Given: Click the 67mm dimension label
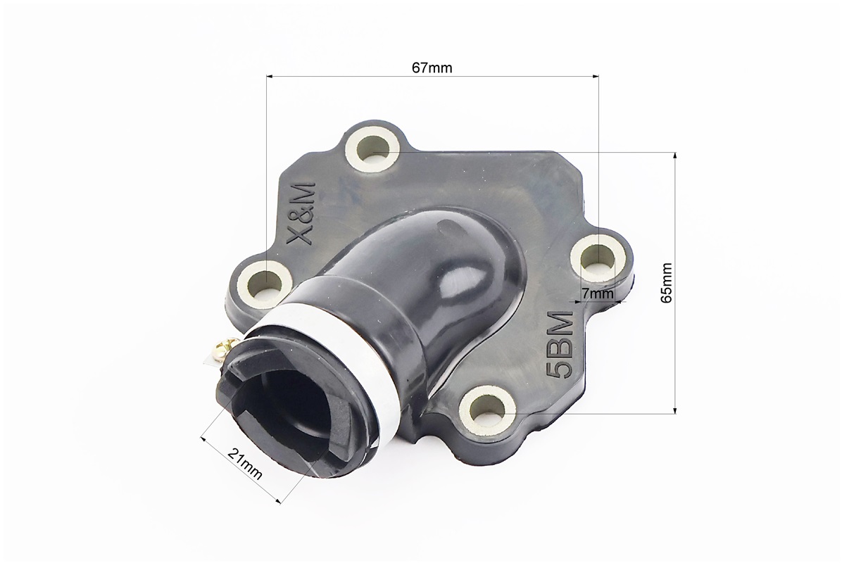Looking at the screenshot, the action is (x=432, y=68).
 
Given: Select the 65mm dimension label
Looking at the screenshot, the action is (x=667, y=283).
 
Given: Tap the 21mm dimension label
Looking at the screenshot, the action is (x=245, y=464).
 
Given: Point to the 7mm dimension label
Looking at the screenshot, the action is (x=597, y=293).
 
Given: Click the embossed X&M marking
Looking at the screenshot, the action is (x=301, y=214).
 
